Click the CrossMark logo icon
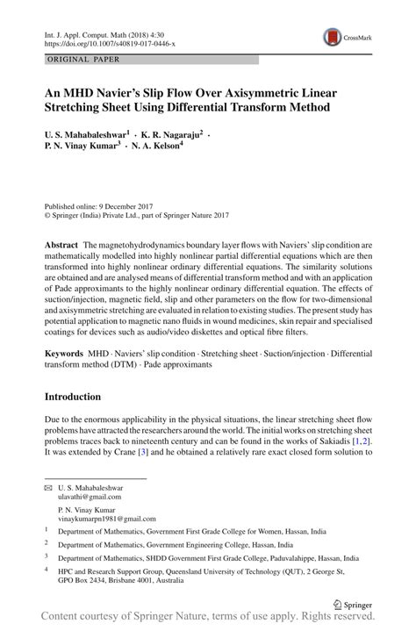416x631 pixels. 333,36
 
